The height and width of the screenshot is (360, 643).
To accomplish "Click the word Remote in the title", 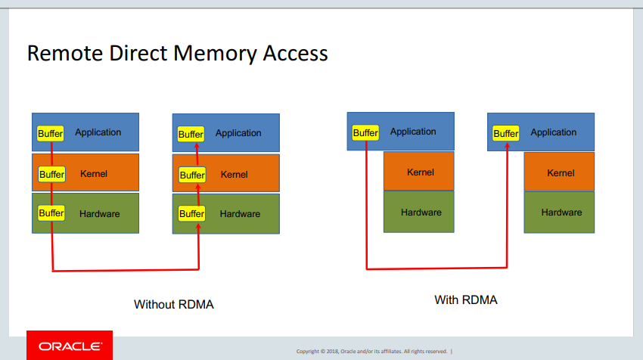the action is click(x=65, y=53).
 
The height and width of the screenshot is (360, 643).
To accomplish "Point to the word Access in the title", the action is click(x=295, y=53).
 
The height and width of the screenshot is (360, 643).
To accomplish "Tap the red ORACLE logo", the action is click(x=70, y=345).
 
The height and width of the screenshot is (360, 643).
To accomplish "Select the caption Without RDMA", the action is click(x=174, y=304).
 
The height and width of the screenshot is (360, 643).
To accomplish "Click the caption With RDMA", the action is click(x=466, y=299).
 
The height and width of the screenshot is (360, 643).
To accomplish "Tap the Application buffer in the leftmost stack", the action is click(x=51, y=134).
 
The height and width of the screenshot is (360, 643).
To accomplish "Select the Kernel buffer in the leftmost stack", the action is click(x=51, y=174).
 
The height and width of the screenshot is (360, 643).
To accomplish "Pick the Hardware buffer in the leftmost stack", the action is click(x=51, y=213).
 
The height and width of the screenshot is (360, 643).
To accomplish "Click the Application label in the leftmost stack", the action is click(x=98, y=132).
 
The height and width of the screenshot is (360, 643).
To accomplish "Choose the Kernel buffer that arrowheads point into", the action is click(x=192, y=175).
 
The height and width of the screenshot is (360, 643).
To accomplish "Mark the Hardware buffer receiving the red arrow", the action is click(x=191, y=213).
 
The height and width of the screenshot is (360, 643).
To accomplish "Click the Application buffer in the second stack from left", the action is click(x=191, y=134).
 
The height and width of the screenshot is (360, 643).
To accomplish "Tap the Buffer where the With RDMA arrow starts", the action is click(x=365, y=133).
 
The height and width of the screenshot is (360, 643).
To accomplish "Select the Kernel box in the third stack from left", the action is click(x=418, y=171).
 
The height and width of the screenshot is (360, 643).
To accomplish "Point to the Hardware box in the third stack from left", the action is click(x=418, y=212).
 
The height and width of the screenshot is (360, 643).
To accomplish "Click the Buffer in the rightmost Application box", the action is click(x=505, y=134).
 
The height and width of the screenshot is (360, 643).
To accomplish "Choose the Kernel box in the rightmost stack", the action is click(x=559, y=172).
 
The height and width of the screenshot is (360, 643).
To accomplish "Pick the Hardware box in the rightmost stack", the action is click(x=559, y=213).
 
